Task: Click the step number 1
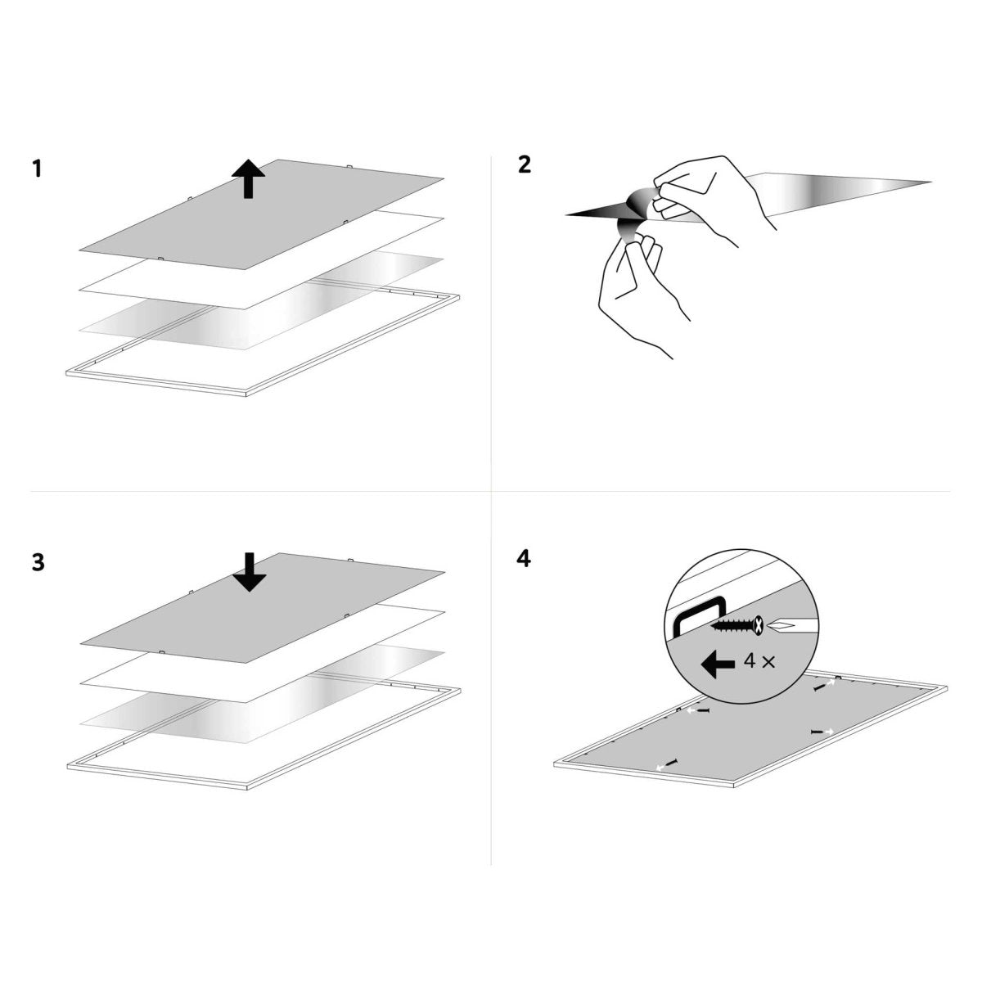36,169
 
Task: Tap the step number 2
525,164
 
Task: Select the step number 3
38,562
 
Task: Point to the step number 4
524,559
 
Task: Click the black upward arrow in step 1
248,178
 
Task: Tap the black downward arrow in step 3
250,572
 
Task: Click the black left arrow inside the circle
718,664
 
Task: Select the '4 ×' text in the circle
759,662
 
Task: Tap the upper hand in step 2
714,199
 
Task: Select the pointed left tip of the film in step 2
566,215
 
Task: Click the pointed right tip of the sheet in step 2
930,182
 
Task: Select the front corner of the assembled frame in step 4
734,786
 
